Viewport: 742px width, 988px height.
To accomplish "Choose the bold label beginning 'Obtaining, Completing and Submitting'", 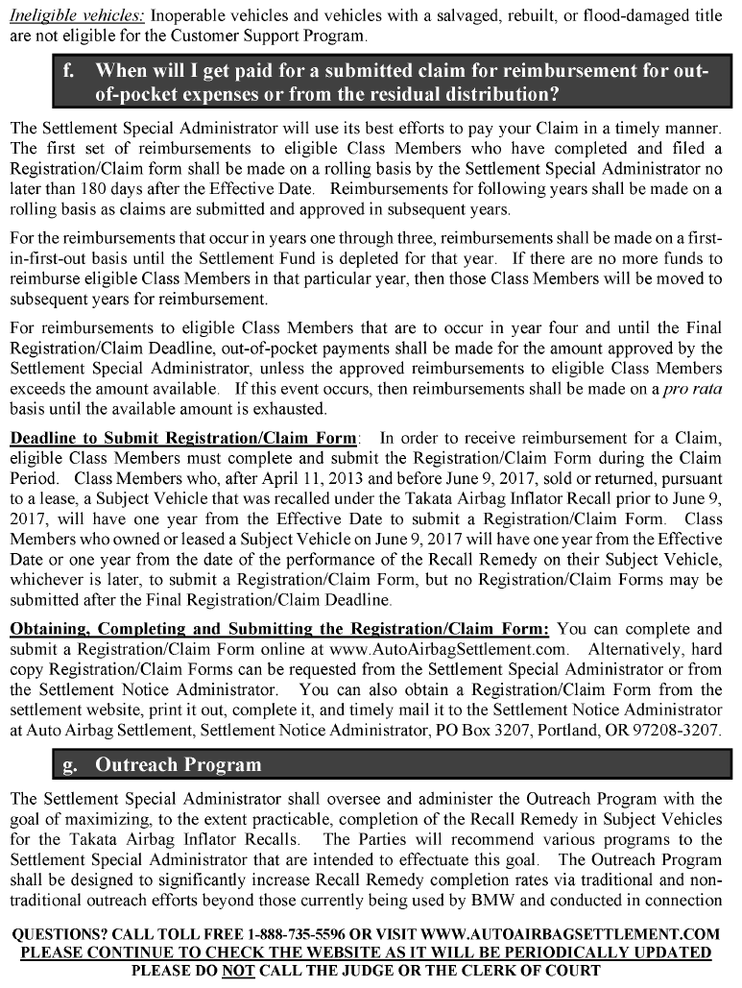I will click(279, 630).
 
